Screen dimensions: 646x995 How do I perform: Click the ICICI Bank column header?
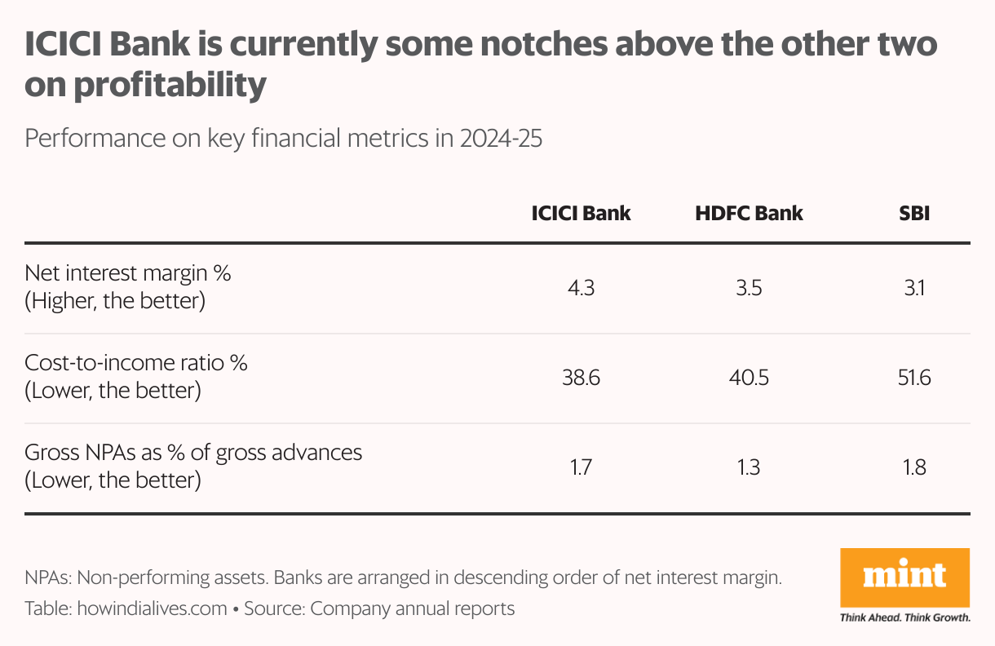(581, 214)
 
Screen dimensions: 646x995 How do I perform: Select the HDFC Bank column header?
(749, 214)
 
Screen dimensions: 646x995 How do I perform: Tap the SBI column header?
(913, 214)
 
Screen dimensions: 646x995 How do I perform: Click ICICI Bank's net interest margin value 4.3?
(581, 289)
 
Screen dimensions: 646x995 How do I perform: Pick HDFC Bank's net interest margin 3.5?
(749, 289)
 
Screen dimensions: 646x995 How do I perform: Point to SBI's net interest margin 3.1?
(913, 289)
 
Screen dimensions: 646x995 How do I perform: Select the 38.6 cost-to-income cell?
(581, 378)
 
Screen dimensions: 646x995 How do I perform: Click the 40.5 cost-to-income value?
(749, 378)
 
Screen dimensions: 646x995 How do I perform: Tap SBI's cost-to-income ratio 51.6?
(913, 378)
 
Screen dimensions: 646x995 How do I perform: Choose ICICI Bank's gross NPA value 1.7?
(581, 468)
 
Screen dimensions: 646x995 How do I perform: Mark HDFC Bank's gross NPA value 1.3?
(749, 468)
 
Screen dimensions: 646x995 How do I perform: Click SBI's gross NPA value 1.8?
(913, 468)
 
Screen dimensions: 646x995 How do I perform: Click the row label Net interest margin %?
(128, 273)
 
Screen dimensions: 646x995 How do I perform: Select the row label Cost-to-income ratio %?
(136, 363)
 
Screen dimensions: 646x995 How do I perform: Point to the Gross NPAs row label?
(193, 453)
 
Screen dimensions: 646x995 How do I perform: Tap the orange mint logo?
(904, 577)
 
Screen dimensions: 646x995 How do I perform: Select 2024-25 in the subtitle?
(501, 139)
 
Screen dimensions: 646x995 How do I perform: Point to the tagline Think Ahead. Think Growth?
(904, 617)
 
